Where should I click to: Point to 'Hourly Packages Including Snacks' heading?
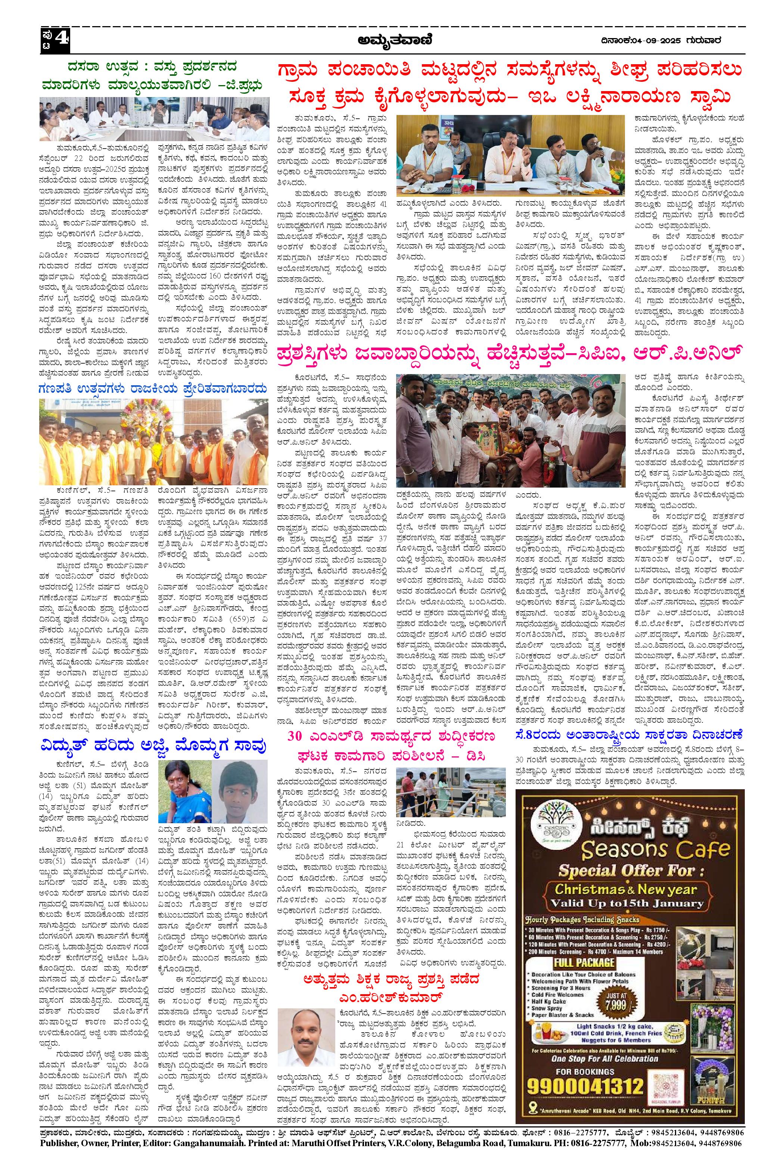pos(582,931)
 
